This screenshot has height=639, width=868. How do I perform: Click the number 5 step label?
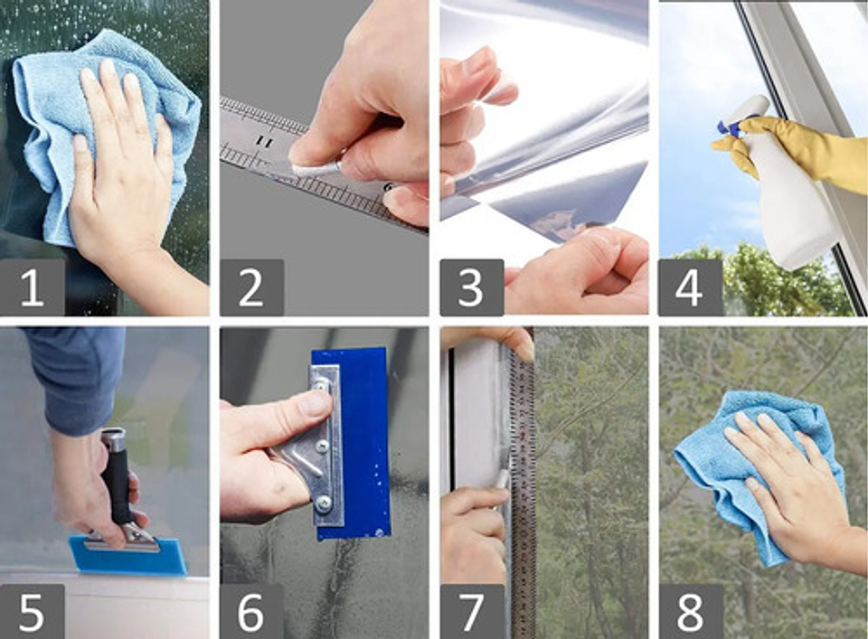[32, 611]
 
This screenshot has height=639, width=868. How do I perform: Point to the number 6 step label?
[251, 611]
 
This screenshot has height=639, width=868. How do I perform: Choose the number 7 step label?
[471, 611]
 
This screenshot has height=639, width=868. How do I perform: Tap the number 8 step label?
[690, 611]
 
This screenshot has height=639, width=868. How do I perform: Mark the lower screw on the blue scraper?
[323, 501]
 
